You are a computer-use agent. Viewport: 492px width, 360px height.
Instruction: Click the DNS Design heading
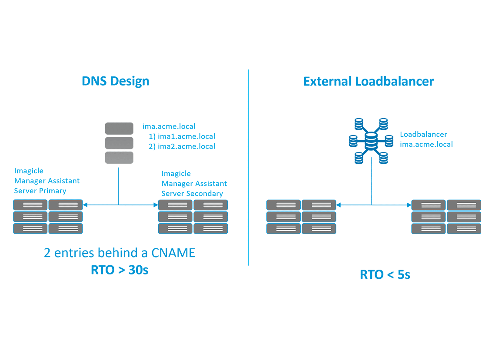(116, 81)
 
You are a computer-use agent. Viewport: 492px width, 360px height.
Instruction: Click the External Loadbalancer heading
(369, 81)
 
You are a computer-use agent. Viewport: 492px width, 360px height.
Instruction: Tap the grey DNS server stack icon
(119, 143)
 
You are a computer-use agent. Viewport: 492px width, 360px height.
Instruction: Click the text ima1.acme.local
(186, 136)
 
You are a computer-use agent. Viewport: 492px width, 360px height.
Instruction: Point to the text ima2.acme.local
(186, 146)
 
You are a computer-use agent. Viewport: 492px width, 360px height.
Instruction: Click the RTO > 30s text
(120, 270)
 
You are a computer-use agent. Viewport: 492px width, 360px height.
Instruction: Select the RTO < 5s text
(385, 274)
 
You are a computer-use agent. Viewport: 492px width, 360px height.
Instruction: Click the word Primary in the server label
(53, 191)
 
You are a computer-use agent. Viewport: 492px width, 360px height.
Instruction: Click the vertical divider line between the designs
(248, 174)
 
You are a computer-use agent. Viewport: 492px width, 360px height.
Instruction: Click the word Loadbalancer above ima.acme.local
(423, 134)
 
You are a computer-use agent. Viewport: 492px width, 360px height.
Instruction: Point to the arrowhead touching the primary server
(85, 205)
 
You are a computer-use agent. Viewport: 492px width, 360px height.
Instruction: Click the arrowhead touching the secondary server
(156, 205)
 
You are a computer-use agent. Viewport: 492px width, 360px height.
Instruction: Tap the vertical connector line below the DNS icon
(119, 185)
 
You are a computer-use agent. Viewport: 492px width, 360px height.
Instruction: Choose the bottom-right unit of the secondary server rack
(210, 228)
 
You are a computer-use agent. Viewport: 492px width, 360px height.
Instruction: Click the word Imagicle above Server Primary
(29, 171)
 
